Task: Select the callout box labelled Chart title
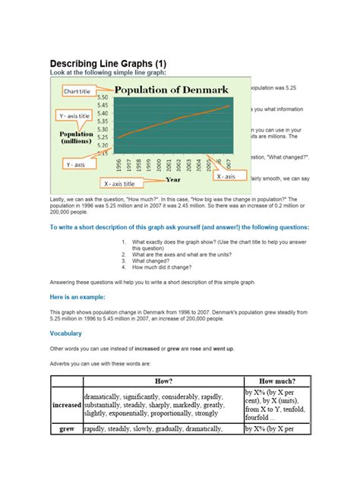point(77,91)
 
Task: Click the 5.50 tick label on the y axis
point(103,97)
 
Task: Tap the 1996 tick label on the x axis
point(119,165)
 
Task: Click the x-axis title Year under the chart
point(174,180)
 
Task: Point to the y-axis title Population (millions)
point(77,137)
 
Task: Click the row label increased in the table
point(67,405)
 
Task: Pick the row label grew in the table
point(67,428)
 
